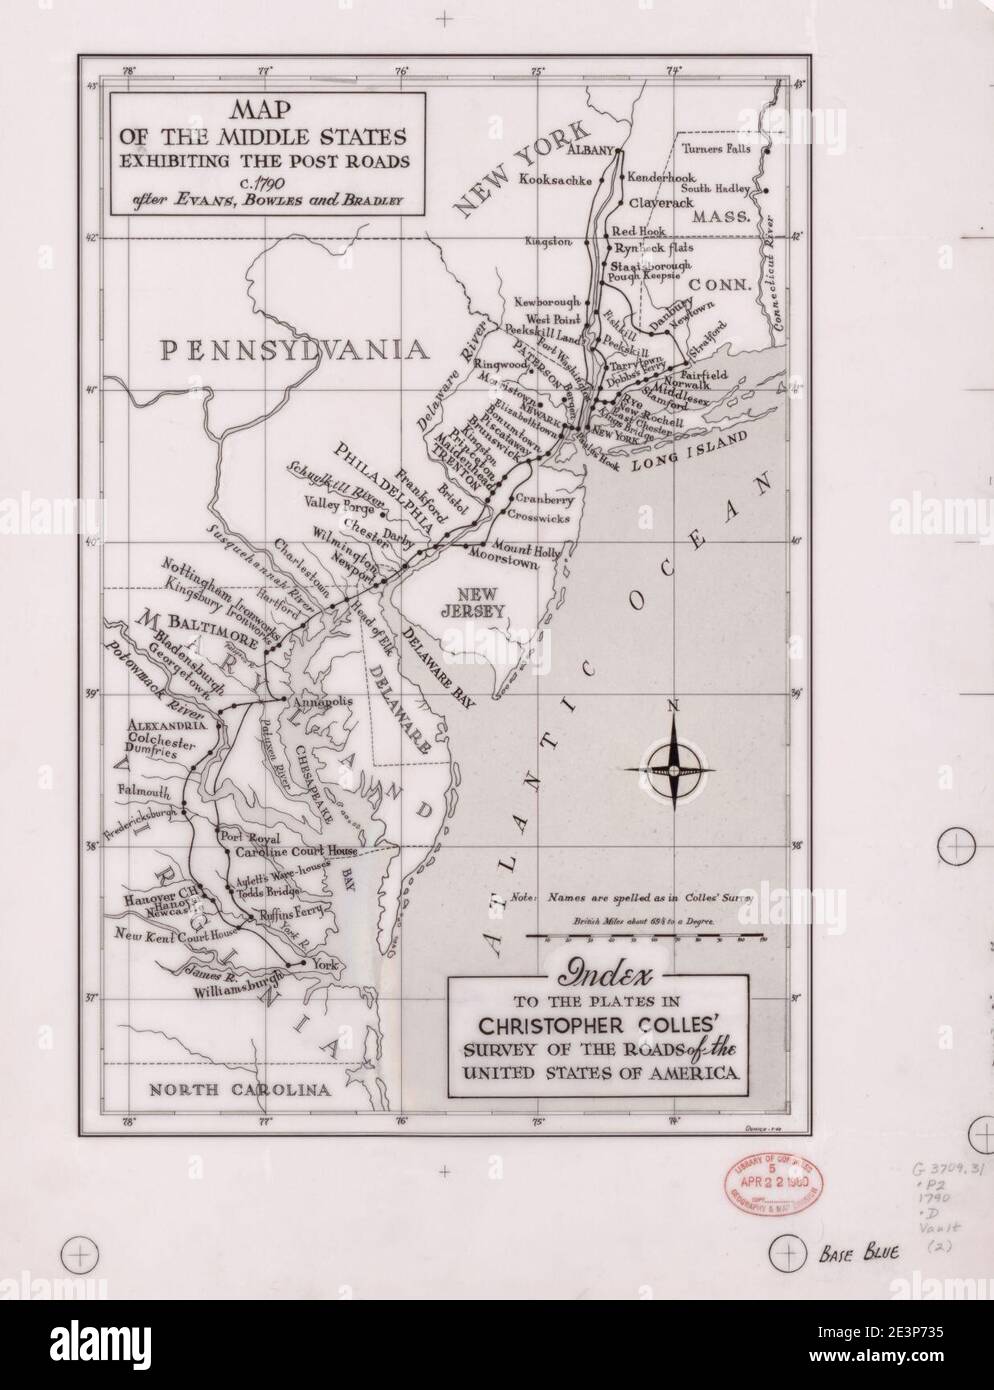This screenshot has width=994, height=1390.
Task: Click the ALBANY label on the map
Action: (x=589, y=151)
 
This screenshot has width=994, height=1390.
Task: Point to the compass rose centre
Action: (x=676, y=769)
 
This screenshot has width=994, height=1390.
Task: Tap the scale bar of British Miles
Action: (x=646, y=938)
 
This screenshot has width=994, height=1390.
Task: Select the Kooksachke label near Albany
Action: (x=556, y=180)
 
